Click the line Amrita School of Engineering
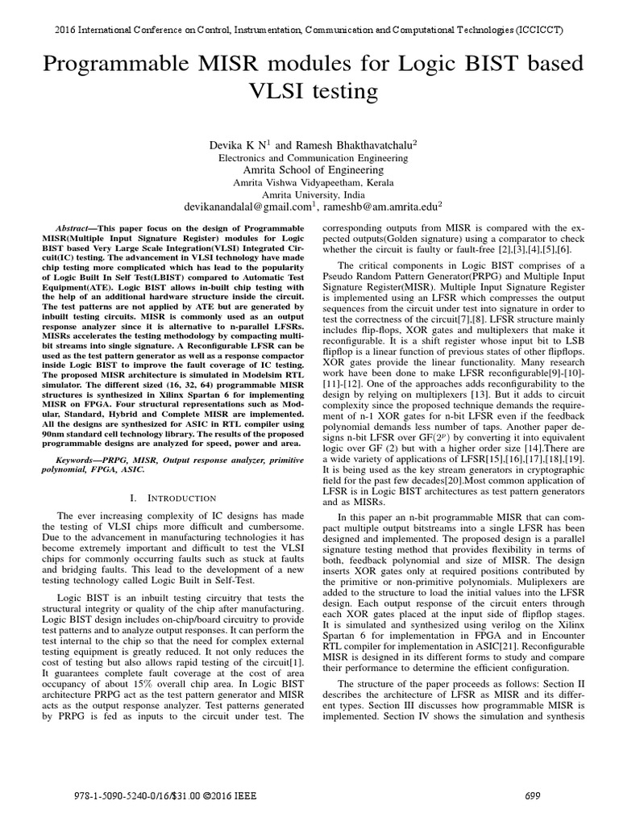[x=309, y=170]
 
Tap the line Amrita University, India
[x=309, y=194]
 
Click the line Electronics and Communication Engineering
[x=309, y=158]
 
